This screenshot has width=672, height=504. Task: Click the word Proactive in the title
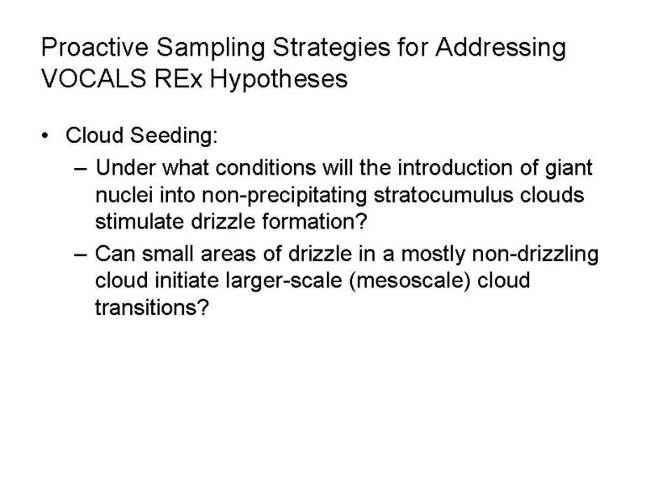[95, 47]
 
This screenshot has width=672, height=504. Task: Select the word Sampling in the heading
[211, 49]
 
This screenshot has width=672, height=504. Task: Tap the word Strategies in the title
[331, 49]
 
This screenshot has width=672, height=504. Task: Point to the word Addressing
[501, 49]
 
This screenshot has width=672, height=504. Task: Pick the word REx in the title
[178, 79]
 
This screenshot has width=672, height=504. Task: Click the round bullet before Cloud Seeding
[45, 136]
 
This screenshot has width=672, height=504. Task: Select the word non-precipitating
[284, 197]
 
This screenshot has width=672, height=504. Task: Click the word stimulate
[139, 222]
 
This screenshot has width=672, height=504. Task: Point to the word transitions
[152, 307]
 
